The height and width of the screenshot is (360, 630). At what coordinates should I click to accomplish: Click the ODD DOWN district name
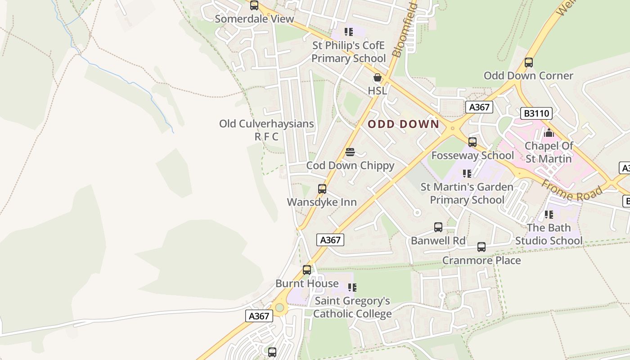click(x=403, y=124)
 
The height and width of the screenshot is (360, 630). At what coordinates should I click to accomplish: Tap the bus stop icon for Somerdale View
click(x=254, y=5)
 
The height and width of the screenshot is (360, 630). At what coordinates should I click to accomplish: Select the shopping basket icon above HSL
click(x=378, y=77)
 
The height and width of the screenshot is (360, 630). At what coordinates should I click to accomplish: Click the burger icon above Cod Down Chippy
click(x=350, y=152)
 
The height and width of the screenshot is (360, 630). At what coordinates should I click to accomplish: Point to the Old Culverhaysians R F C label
click(x=266, y=130)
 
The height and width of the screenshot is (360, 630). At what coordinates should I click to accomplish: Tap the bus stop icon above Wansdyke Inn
click(x=322, y=189)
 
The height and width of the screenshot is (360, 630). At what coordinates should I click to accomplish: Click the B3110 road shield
click(x=536, y=113)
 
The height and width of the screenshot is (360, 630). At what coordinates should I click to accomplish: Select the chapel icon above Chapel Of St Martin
click(x=549, y=133)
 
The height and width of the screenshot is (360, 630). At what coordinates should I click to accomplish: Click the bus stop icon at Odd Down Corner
click(x=529, y=63)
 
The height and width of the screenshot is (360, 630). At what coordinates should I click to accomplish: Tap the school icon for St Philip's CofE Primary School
click(x=349, y=32)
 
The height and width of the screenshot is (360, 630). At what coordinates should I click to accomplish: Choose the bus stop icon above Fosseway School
click(x=472, y=142)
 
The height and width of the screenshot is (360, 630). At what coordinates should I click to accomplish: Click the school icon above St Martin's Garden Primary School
click(x=467, y=173)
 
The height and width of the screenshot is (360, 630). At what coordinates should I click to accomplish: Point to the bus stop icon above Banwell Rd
click(x=438, y=227)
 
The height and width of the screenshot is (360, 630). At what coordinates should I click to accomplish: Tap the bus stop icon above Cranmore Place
click(x=481, y=247)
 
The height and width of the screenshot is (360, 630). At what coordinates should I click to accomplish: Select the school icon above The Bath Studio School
click(x=549, y=215)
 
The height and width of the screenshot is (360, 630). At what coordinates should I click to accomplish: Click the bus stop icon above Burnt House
click(x=307, y=270)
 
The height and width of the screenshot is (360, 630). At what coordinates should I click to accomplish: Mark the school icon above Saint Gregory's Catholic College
click(x=352, y=287)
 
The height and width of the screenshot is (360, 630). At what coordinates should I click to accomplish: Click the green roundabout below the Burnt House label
click(x=280, y=308)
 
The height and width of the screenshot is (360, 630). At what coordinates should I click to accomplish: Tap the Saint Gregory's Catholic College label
click(x=352, y=307)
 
